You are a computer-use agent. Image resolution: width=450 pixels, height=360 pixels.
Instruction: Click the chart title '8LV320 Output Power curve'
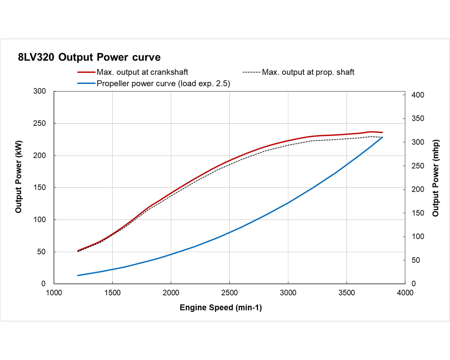pyautogui.click(x=89, y=57)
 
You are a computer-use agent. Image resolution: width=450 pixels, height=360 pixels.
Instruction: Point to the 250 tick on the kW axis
pyautogui.click(x=39, y=123)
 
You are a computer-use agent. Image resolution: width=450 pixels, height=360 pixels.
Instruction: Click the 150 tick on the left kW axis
pyautogui.click(x=39, y=187)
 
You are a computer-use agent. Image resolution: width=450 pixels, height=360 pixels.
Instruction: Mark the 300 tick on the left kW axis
pyautogui.click(x=39, y=91)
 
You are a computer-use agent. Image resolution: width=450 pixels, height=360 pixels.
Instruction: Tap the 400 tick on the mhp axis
pyautogui.click(x=418, y=95)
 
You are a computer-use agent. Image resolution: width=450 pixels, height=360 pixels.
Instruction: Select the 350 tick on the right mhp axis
pyautogui.click(x=418, y=118)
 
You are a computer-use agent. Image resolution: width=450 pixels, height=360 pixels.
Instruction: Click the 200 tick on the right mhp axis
pyautogui.click(x=418, y=189)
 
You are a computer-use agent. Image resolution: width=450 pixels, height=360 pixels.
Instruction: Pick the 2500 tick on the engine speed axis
pyautogui.click(x=229, y=293)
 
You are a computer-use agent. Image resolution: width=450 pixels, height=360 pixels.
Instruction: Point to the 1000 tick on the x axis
pyautogui.click(x=54, y=293)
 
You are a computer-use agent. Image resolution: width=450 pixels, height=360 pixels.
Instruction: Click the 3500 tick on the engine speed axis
pyautogui.click(x=346, y=293)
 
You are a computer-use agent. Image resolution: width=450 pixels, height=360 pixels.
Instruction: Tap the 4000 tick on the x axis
pyautogui.click(x=405, y=293)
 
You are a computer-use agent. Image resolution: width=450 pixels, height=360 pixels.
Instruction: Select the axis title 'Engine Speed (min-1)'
pyautogui.click(x=221, y=308)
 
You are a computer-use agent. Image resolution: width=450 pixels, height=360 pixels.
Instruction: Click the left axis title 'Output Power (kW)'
pyautogui.click(x=19, y=176)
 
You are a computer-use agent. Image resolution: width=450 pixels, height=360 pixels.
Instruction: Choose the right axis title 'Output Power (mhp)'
pyautogui.click(x=436, y=178)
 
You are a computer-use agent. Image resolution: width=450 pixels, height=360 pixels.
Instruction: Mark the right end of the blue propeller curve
pyautogui.click(x=382, y=137)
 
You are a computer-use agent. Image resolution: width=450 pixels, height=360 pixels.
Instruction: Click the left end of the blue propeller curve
pyautogui.click(x=78, y=275)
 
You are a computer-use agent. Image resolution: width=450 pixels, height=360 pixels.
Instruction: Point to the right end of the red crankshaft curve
pyautogui.click(x=382, y=133)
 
